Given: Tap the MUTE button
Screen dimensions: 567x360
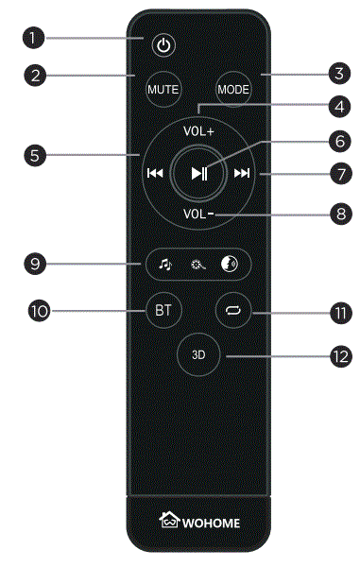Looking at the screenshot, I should click(x=161, y=90).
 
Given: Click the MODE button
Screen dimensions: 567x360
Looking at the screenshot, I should click(x=231, y=90).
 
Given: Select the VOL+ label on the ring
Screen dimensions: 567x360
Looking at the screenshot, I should click(x=198, y=131).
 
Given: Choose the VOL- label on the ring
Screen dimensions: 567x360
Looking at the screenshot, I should click(x=198, y=214).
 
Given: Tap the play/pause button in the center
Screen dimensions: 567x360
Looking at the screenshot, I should click(x=198, y=173).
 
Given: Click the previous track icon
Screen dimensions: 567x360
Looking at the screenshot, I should click(x=154, y=173).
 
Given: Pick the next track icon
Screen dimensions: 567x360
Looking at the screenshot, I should click(x=242, y=173).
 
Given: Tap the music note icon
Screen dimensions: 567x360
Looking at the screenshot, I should click(x=164, y=266).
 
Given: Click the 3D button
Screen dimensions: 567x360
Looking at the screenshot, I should click(x=198, y=356).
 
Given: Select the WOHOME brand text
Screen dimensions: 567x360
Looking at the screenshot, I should click(x=214, y=520).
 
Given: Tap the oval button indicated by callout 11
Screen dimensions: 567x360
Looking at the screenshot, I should click(x=232, y=310).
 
